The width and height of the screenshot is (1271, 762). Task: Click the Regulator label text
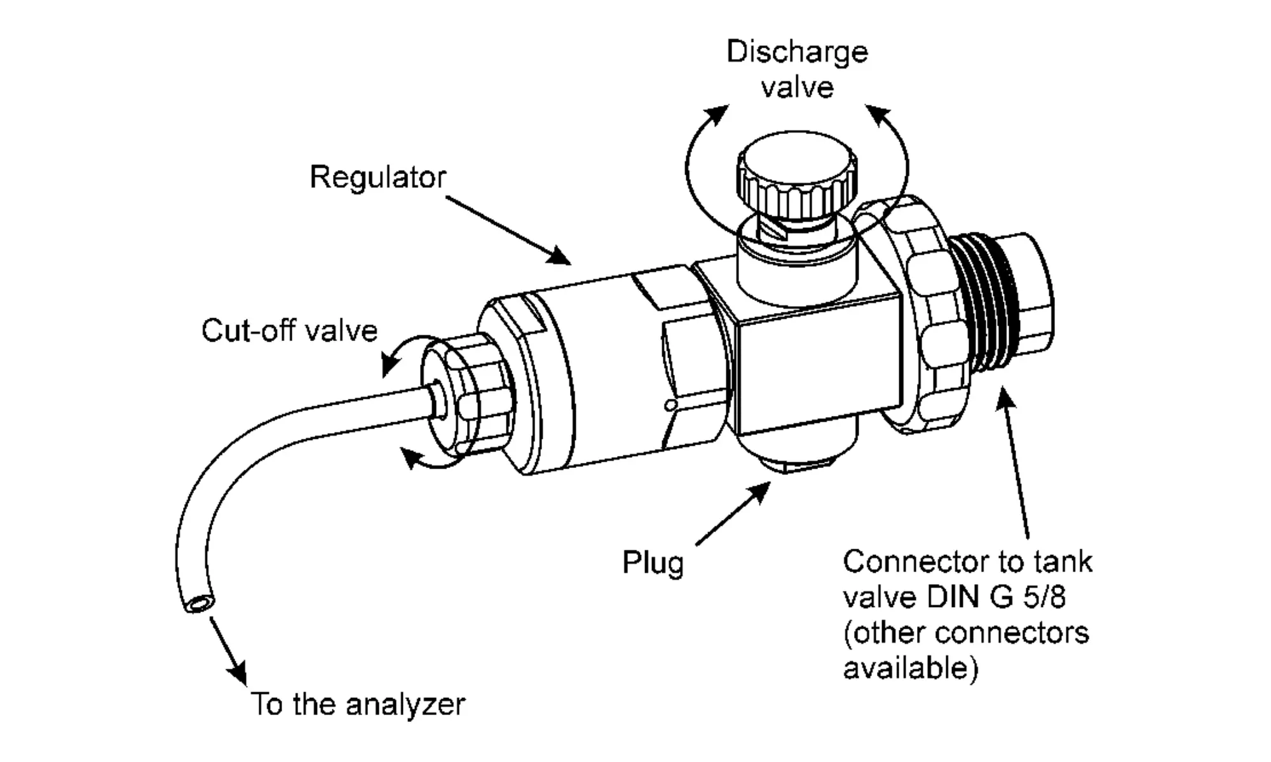[377, 178]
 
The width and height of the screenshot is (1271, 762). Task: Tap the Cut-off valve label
[289, 331]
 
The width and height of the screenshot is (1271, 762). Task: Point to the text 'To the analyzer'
[358, 704]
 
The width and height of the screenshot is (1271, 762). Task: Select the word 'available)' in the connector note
[910, 669]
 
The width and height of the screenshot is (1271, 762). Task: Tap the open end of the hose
[199, 603]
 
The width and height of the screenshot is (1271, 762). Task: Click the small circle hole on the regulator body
[670, 405]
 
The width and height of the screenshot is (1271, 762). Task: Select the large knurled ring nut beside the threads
[915, 315]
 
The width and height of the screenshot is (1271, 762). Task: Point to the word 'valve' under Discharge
[797, 88]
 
